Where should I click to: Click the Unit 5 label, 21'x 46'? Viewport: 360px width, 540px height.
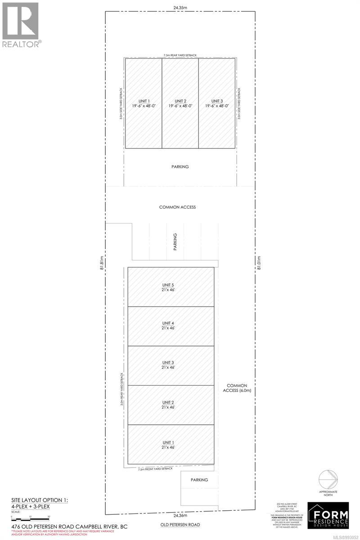[x=171, y=287]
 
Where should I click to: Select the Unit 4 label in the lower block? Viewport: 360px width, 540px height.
[x=171, y=326]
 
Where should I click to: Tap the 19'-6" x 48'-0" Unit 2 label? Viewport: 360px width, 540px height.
[x=180, y=103]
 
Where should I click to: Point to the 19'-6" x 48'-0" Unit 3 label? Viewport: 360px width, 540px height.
[x=217, y=103]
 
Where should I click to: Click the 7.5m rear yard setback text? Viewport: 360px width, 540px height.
[x=180, y=55]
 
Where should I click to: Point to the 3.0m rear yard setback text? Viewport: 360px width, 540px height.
[x=122, y=390]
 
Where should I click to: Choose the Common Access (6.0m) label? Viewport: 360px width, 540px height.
[x=239, y=388]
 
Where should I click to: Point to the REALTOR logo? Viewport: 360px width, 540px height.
[x=21, y=25]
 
